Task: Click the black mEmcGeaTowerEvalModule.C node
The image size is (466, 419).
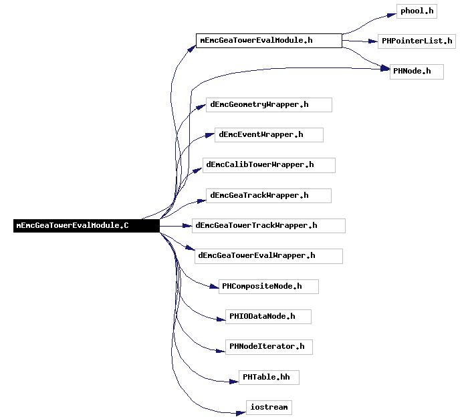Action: [86, 226]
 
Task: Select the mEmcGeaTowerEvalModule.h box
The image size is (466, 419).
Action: [269, 41]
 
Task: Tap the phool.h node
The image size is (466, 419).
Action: [417, 11]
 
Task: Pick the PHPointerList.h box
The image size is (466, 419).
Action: [417, 41]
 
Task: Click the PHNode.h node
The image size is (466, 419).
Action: [417, 72]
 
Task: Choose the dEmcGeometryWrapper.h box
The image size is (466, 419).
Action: [269, 105]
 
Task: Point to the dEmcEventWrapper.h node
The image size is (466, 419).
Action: [269, 135]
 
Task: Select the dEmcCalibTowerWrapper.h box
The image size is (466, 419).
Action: [269, 166]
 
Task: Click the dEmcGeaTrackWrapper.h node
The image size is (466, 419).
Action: [269, 196]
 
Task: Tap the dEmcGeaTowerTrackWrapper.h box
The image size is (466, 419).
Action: [269, 226]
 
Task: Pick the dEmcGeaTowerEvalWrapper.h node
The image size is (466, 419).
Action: [269, 256]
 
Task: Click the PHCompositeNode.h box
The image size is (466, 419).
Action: [269, 287]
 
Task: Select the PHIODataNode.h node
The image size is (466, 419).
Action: [268, 317]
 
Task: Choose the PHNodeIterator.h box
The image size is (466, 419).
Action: [269, 347]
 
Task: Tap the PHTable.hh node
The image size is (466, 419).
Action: [269, 378]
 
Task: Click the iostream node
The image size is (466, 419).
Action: [269, 408]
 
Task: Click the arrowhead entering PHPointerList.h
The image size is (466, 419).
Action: [373, 41]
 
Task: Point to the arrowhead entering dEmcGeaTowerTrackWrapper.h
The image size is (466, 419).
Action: [187, 226]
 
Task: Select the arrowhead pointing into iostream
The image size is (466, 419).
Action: [241, 413]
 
